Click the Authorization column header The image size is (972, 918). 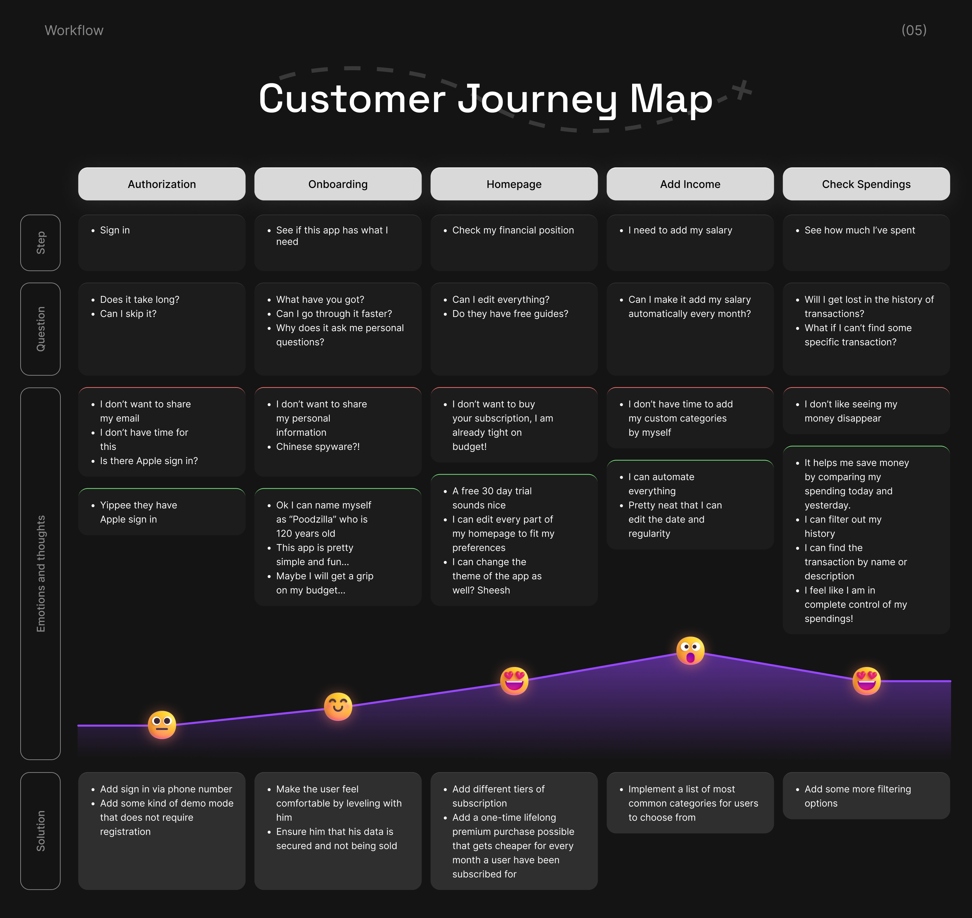tap(162, 184)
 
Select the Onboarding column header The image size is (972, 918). tap(338, 184)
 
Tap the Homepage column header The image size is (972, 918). tap(514, 184)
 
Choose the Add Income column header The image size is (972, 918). tap(690, 184)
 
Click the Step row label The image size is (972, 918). tap(40, 243)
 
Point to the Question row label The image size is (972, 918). tap(40, 329)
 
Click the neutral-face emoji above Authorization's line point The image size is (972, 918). tap(162, 725)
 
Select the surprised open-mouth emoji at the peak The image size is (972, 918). tap(690, 651)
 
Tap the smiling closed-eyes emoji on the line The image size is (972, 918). tap(338, 706)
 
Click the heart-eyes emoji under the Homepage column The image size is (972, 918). tap(514, 681)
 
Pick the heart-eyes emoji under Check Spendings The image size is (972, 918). tap(866, 681)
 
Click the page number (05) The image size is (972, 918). tap(914, 30)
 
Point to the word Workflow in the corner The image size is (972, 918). tap(74, 30)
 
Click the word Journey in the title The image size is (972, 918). tap(537, 99)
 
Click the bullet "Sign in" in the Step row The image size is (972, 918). tap(114, 230)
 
